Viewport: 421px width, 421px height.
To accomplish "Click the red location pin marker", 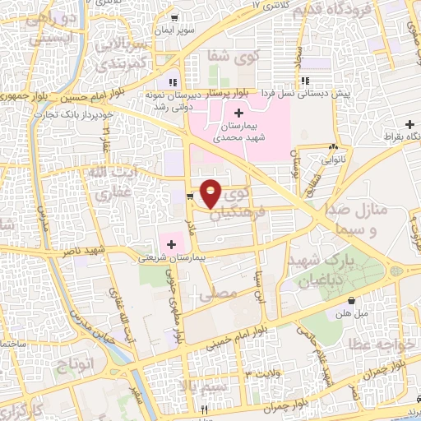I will coord(211,193).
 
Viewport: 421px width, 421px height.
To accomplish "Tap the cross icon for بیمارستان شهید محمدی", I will coord(238,113).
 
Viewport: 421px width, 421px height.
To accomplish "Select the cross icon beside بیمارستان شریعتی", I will coord(172,243).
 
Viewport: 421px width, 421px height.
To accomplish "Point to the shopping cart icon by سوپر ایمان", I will coord(174,17).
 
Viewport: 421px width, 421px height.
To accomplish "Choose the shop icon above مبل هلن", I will coord(352,300).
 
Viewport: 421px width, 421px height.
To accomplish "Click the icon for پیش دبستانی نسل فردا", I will coord(305,81).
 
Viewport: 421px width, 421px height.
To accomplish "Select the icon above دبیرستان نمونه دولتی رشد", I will coord(173,81).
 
